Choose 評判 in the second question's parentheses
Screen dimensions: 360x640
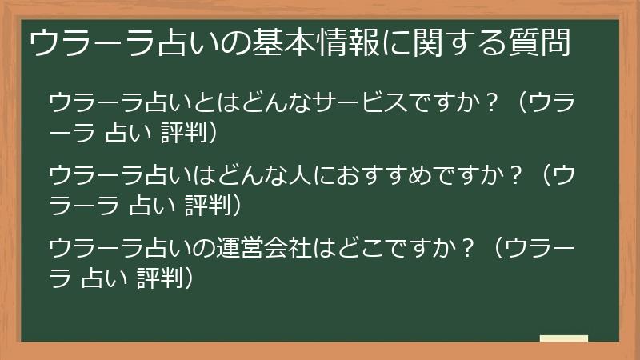click(x=204, y=205)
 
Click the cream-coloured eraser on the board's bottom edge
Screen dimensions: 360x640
click(x=564, y=338)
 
